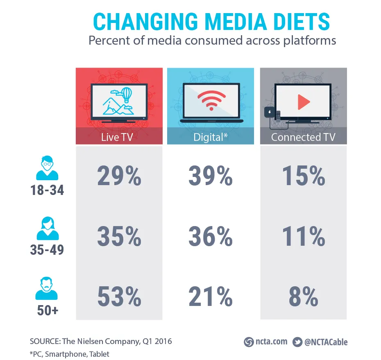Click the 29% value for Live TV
point(119,177)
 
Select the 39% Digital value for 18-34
point(211,177)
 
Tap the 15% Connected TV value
point(304,177)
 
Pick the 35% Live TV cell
point(119,237)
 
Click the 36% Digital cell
point(211,237)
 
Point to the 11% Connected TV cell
point(304,237)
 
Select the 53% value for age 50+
point(119,297)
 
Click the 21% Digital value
point(211,297)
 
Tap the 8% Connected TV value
point(304,297)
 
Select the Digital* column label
point(211,137)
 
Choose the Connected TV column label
point(303,137)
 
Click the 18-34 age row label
point(47,190)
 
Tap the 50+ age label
point(47,310)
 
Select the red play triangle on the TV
point(304,102)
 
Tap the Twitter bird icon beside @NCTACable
point(297,342)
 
